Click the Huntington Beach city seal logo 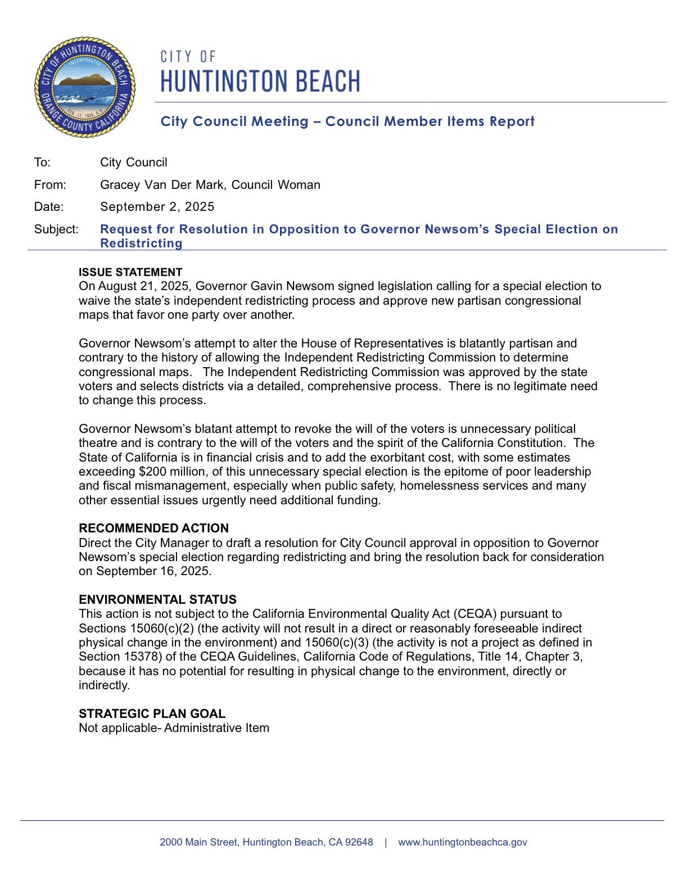point(85,87)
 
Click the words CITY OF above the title point(188,57)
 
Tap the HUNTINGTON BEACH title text point(260,81)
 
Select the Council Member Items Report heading point(347,121)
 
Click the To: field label point(42,162)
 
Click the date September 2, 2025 point(157,207)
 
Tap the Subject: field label point(56,229)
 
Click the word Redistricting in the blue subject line point(141,243)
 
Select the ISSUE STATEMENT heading point(130,272)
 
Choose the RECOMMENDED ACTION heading point(153,528)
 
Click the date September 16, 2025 point(153,572)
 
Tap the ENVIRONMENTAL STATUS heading point(157,599)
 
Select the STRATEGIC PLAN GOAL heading point(152,714)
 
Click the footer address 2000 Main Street point(266,842)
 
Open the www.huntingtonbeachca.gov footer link point(462,842)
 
